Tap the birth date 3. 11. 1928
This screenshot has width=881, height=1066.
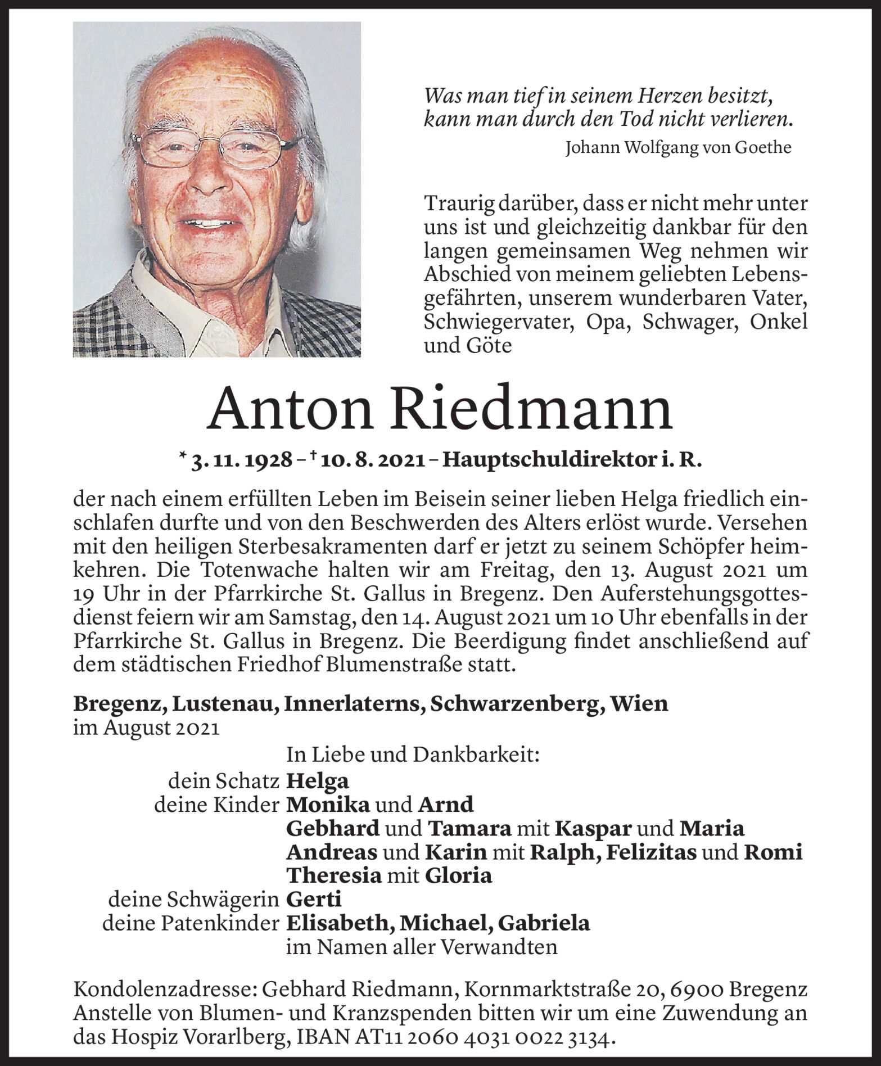(242, 461)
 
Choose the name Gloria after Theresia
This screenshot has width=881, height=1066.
(458, 876)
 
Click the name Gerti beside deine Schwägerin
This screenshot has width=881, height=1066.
(314, 900)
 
